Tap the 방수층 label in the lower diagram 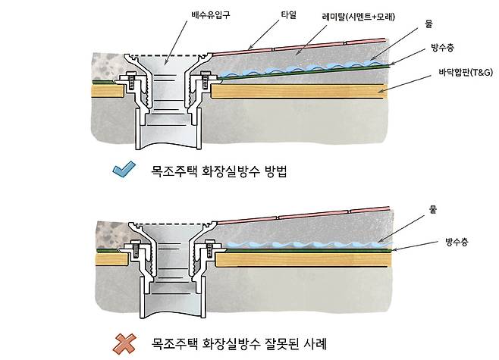456,244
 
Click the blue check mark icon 123,170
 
